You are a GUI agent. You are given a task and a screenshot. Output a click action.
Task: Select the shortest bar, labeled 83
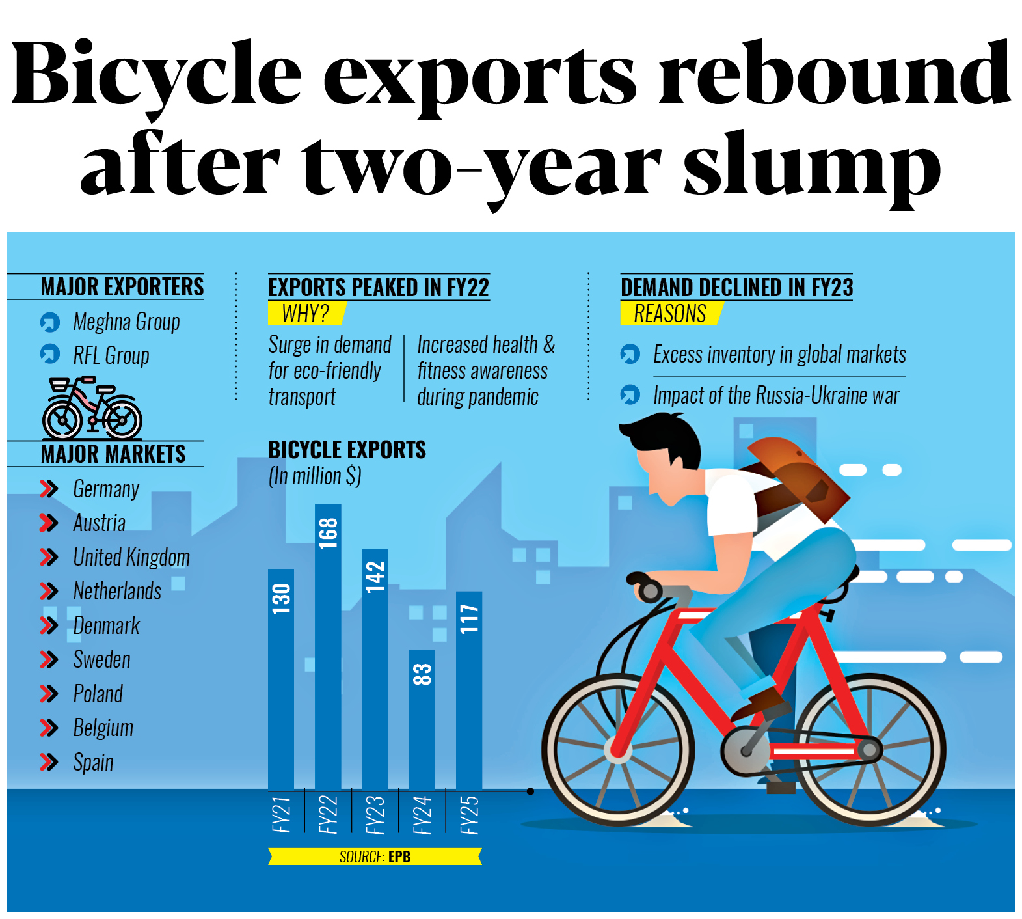coord(422,719)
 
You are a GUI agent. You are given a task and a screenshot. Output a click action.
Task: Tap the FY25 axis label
coord(469,814)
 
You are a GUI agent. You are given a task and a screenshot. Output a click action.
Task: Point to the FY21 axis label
coord(281,814)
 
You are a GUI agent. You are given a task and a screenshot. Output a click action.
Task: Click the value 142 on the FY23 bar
coord(375,577)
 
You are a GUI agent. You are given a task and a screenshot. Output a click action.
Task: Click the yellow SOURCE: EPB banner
coord(375,857)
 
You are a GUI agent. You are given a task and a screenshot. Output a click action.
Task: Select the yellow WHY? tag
coord(306,314)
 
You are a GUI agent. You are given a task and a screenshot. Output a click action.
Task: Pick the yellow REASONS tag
coord(670,314)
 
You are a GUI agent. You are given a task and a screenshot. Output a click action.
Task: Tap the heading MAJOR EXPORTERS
coord(122,287)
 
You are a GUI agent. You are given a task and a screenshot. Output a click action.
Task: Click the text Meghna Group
coord(126,322)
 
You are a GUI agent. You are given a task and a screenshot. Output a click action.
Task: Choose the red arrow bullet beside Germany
coord(49,489)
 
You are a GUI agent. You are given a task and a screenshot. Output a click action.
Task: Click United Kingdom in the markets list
coord(131,557)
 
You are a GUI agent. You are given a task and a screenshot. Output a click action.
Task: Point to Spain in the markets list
coord(93,762)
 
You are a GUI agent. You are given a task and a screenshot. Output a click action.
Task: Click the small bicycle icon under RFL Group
coord(92,408)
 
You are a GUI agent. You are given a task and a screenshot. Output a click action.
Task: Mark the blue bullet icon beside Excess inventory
coord(630,354)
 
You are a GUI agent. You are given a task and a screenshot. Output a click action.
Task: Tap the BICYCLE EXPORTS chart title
coord(347,450)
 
